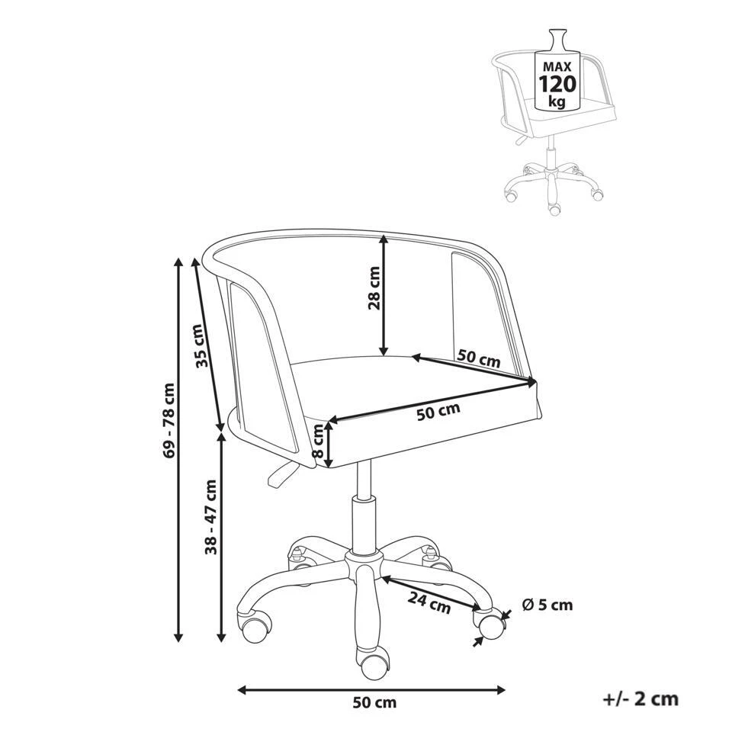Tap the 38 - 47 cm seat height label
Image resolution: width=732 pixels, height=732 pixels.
[x=211, y=516]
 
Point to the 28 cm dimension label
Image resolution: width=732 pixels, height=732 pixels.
[x=374, y=288]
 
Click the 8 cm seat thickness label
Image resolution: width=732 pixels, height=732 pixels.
[x=318, y=441]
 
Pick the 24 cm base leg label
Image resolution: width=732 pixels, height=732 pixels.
[x=429, y=602]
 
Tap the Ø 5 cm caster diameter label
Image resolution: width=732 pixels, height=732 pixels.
[x=547, y=605]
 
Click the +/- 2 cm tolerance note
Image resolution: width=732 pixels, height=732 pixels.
[x=640, y=698]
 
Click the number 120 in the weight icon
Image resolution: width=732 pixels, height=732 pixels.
[x=557, y=85]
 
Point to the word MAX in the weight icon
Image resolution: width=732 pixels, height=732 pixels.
[x=557, y=67]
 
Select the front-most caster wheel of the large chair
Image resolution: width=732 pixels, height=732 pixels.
[x=371, y=662]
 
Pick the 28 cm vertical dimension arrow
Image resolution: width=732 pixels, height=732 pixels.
[x=384, y=295]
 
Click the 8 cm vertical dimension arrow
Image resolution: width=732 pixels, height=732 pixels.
[x=329, y=444]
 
